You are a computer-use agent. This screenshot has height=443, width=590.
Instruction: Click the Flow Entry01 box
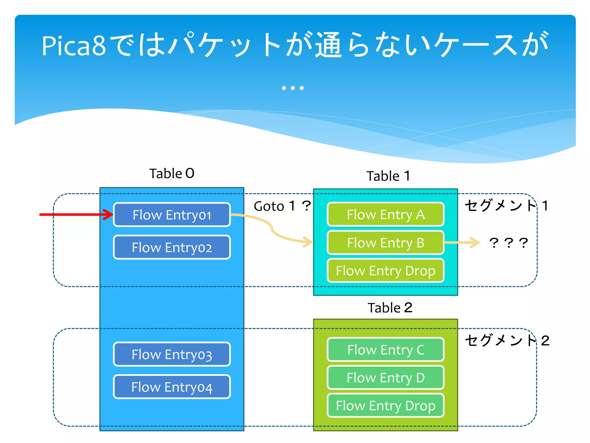point(172,215)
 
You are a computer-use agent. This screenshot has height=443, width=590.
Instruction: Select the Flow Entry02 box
point(172,247)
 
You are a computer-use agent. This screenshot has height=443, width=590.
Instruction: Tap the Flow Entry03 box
point(172,354)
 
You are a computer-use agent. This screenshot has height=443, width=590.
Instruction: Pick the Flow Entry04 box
point(172,387)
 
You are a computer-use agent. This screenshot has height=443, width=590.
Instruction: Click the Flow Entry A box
point(385,215)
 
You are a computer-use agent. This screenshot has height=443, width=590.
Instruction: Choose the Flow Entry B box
point(385,243)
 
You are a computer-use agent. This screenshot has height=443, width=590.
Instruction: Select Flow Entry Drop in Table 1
point(385,271)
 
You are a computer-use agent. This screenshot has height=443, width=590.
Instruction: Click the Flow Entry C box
point(385,350)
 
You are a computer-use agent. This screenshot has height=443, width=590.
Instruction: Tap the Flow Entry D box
point(385,378)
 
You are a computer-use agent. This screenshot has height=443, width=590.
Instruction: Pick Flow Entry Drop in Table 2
point(385,406)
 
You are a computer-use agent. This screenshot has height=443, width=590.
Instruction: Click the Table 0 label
point(172,174)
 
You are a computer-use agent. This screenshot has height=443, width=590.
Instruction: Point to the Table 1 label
point(388,176)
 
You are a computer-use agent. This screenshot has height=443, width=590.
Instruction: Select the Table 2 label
point(390,308)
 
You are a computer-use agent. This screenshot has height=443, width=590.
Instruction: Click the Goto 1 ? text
point(282,206)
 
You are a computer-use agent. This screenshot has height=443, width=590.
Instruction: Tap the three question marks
point(508,243)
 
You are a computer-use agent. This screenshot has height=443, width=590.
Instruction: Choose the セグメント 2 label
point(507,340)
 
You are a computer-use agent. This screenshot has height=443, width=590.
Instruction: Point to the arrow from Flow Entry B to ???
point(462,243)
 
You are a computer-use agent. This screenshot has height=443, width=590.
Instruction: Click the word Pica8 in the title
point(74,46)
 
